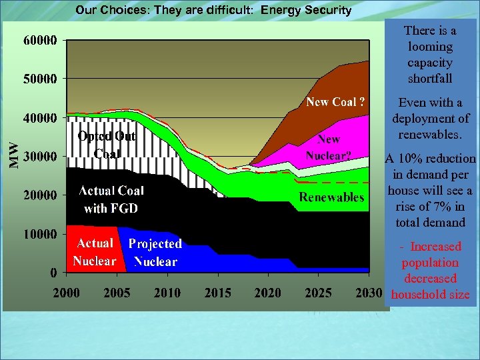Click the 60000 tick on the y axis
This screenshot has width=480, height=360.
click(x=41, y=40)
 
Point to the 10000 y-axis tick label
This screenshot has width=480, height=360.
click(x=41, y=234)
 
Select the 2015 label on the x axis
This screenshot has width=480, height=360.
click(x=217, y=293)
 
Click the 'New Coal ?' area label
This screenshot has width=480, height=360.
click(x=335, y=102)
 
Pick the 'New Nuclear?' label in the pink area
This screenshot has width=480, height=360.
click(x=329, y=147)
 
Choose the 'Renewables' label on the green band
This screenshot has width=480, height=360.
click(x=331, y=197)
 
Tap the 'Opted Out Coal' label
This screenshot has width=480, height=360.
click(x=107, y=145)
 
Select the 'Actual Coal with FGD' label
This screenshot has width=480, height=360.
click(x=111, y=199)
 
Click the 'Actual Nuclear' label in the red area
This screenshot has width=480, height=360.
click(x=94, y=252)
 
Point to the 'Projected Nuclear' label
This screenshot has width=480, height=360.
click(x=155, y=253)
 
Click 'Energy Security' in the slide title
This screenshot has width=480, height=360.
click(x=306, y=10)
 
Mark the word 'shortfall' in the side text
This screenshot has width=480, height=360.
click(x=430, y=79)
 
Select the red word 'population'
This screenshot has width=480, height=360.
click(x=430, y=263)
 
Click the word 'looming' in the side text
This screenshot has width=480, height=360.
click(x=430, y=47)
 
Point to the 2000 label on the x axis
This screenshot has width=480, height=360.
click(x=67, y=293)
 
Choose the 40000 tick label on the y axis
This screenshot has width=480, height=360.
click(x=41, y=117)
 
